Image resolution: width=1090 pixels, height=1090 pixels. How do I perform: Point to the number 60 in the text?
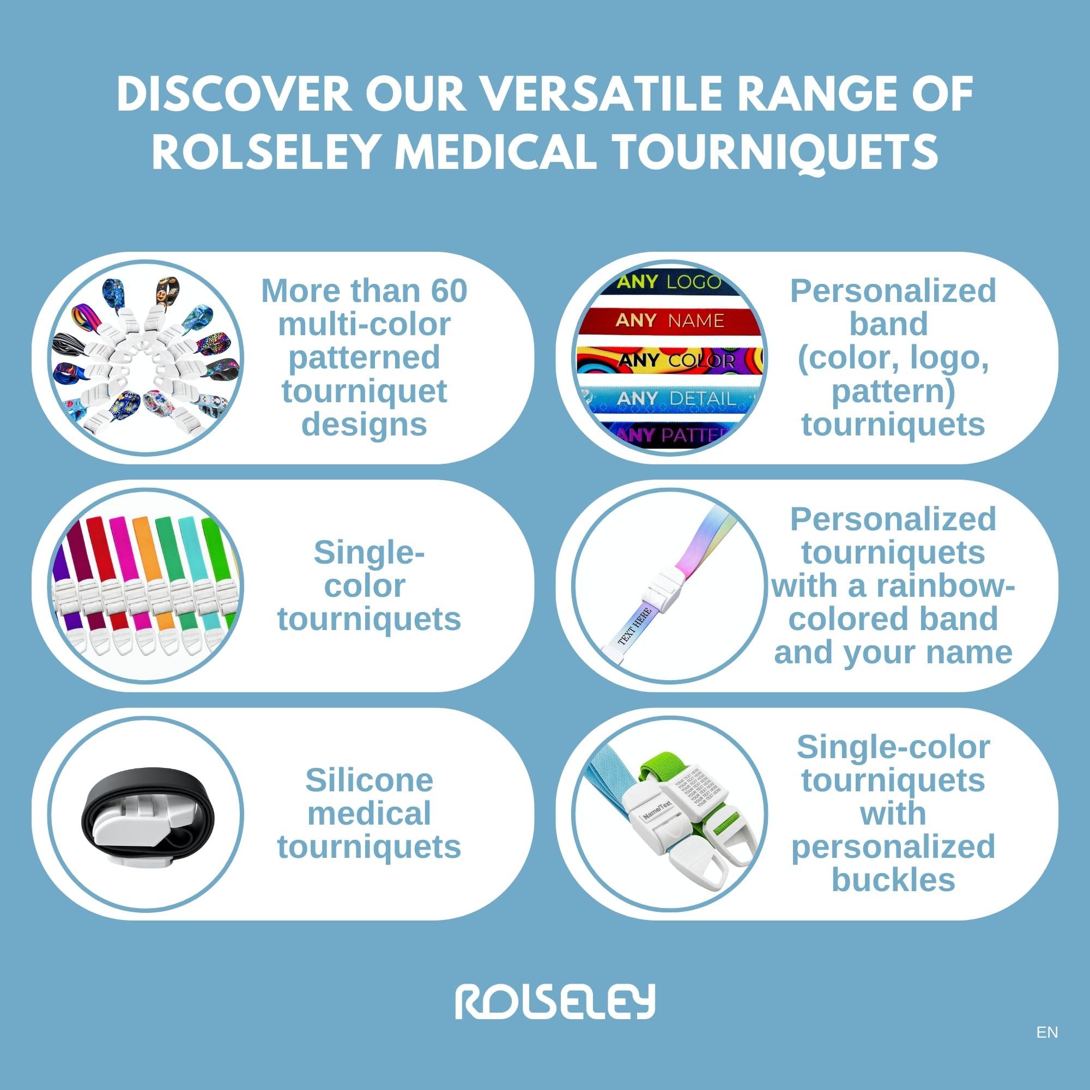click(449, 291)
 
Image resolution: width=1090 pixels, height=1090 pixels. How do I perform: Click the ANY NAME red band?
click(669, 321)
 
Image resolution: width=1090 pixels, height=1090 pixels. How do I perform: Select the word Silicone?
click(369, 781)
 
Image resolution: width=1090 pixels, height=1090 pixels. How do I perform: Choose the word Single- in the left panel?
click(369, 552)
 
